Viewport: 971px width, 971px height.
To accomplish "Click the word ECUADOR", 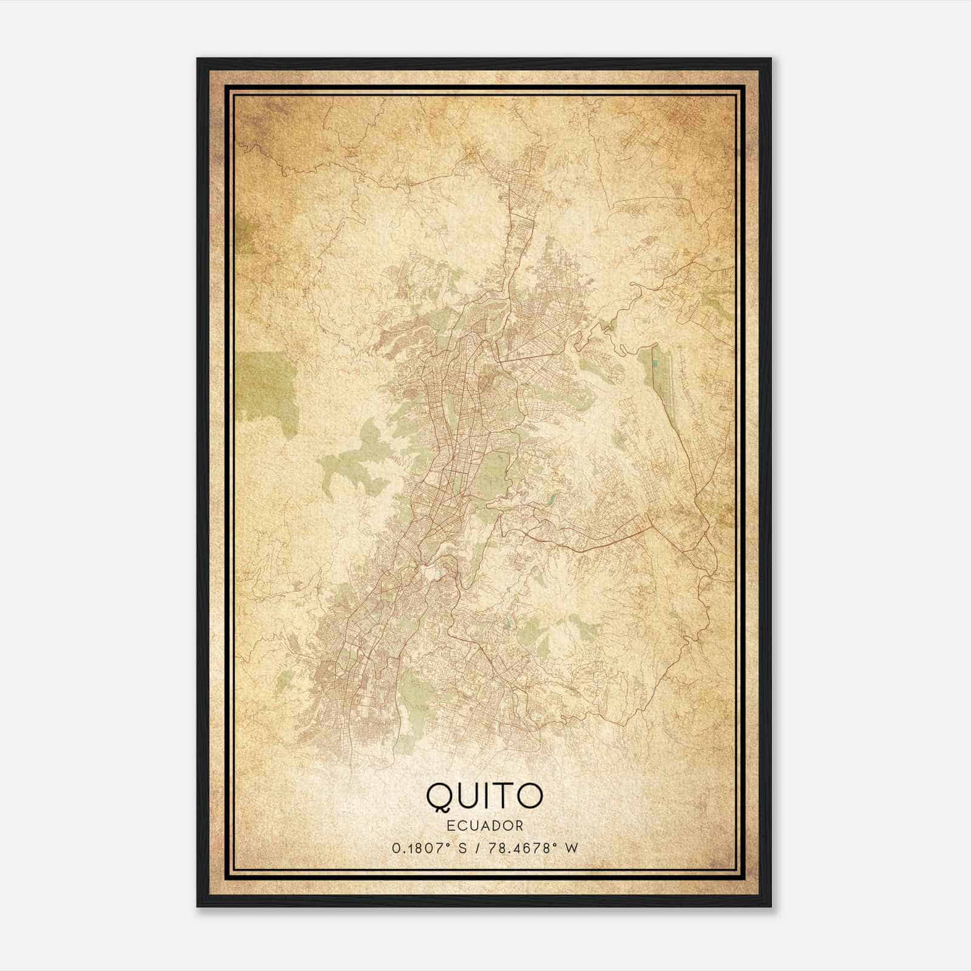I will (484, 825).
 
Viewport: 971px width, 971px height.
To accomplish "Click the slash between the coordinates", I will (480, 848).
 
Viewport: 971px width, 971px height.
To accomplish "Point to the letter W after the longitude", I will (570, 848).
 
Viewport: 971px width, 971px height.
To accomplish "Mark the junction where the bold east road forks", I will (651, 519).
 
